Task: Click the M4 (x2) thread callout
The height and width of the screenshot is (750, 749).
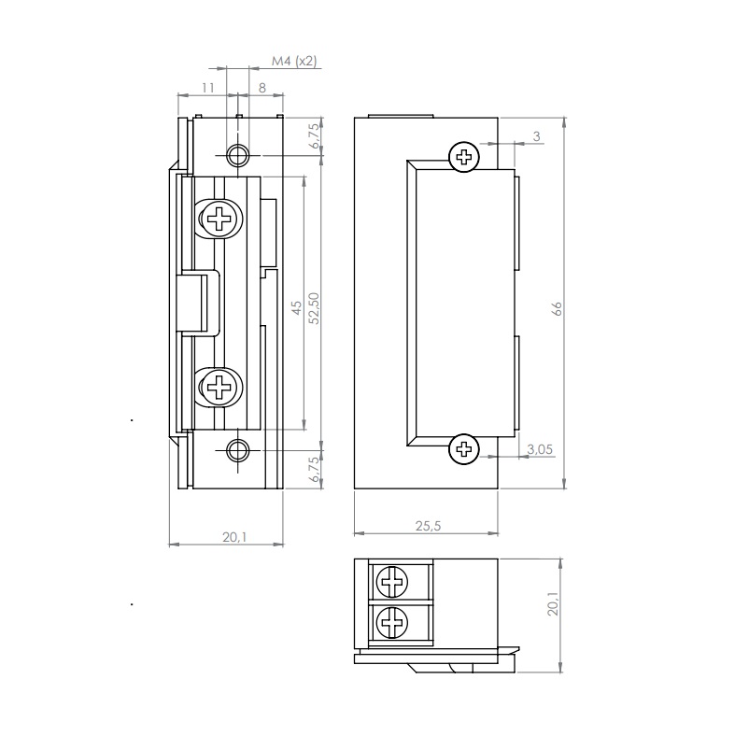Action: (294, 62)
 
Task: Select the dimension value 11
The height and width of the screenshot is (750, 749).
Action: (207, 88)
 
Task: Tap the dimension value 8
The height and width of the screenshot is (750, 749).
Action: (262, 88)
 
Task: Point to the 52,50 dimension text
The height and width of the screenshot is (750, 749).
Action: (314, 308)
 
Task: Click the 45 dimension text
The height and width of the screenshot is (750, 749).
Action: (297, 307)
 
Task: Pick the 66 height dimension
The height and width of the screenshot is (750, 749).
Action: (557, 308)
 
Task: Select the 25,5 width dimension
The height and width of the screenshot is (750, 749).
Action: (428, 526)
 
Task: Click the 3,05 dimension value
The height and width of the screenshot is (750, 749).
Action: (540, 449)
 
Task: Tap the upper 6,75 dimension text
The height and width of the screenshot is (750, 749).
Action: (314, 135)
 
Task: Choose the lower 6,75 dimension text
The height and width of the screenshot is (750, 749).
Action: (314, 469)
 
